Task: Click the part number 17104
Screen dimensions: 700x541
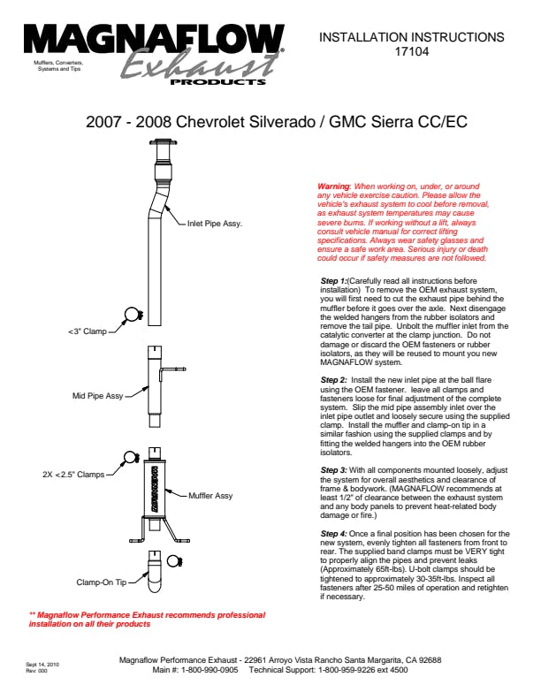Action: tap(411, 51)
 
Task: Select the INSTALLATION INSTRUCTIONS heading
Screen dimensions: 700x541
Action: tap(411, 37)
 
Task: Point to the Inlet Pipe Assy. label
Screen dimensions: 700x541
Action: tap(215, 224)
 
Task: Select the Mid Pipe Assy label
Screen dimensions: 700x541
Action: tap(97, 396)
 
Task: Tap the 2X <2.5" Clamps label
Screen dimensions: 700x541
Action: tap(72, 475)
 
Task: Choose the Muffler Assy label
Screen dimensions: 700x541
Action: tap(210, 496)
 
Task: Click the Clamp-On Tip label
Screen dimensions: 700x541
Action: tap(103, 583)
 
